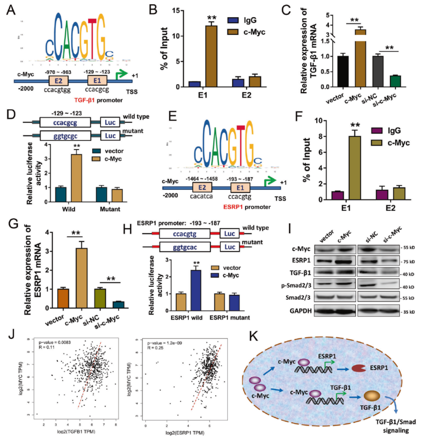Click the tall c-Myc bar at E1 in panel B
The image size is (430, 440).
point(211,56)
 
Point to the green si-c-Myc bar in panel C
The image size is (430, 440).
point(395,81)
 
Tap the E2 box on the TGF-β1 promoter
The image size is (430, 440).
point(58,81)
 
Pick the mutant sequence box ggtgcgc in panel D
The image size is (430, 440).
point(65,136)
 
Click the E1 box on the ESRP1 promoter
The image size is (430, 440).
point(240,188)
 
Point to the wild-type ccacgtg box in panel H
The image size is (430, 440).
point(185,234)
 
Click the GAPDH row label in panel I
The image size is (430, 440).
point(300,311)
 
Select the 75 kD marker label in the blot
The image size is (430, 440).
point(408,262)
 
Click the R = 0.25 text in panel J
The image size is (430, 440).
point(155,348)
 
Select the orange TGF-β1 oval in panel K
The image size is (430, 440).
point(373,396)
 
